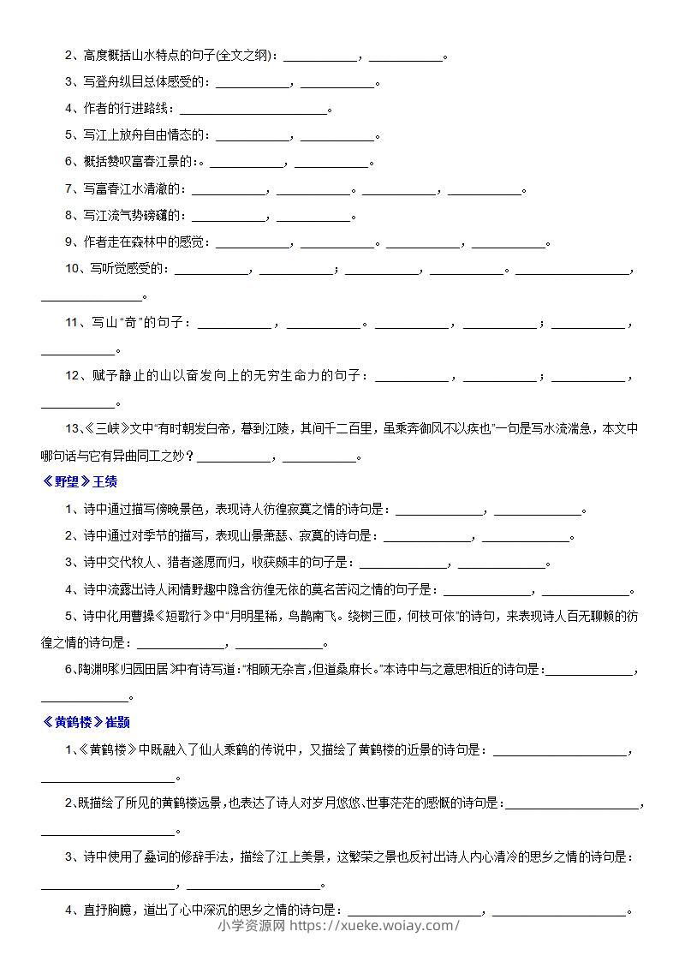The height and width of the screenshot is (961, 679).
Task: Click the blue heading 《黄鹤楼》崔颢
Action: tap(85, 722)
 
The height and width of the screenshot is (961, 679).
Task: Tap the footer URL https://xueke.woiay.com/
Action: tap(375, 925)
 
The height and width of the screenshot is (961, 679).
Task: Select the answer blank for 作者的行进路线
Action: tap(253, 109)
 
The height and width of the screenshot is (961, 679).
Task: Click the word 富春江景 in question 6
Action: tap(162, 162)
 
